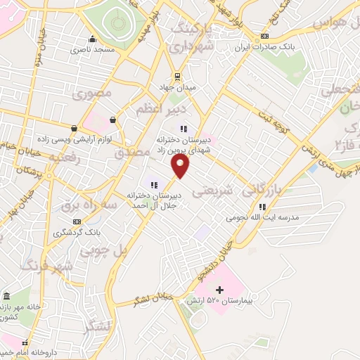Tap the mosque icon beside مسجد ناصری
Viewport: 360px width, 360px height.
(x=92, y=39)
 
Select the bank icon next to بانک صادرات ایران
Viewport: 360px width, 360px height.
(x=264, y=37)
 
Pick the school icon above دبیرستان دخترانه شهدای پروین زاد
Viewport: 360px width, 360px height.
(x=184, y=128)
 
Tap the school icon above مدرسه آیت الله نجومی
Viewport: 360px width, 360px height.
(x=262, y=207)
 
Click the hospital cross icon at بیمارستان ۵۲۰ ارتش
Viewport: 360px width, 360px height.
(x=220, y=290)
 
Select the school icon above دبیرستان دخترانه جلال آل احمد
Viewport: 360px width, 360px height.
(x=154, y=185)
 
